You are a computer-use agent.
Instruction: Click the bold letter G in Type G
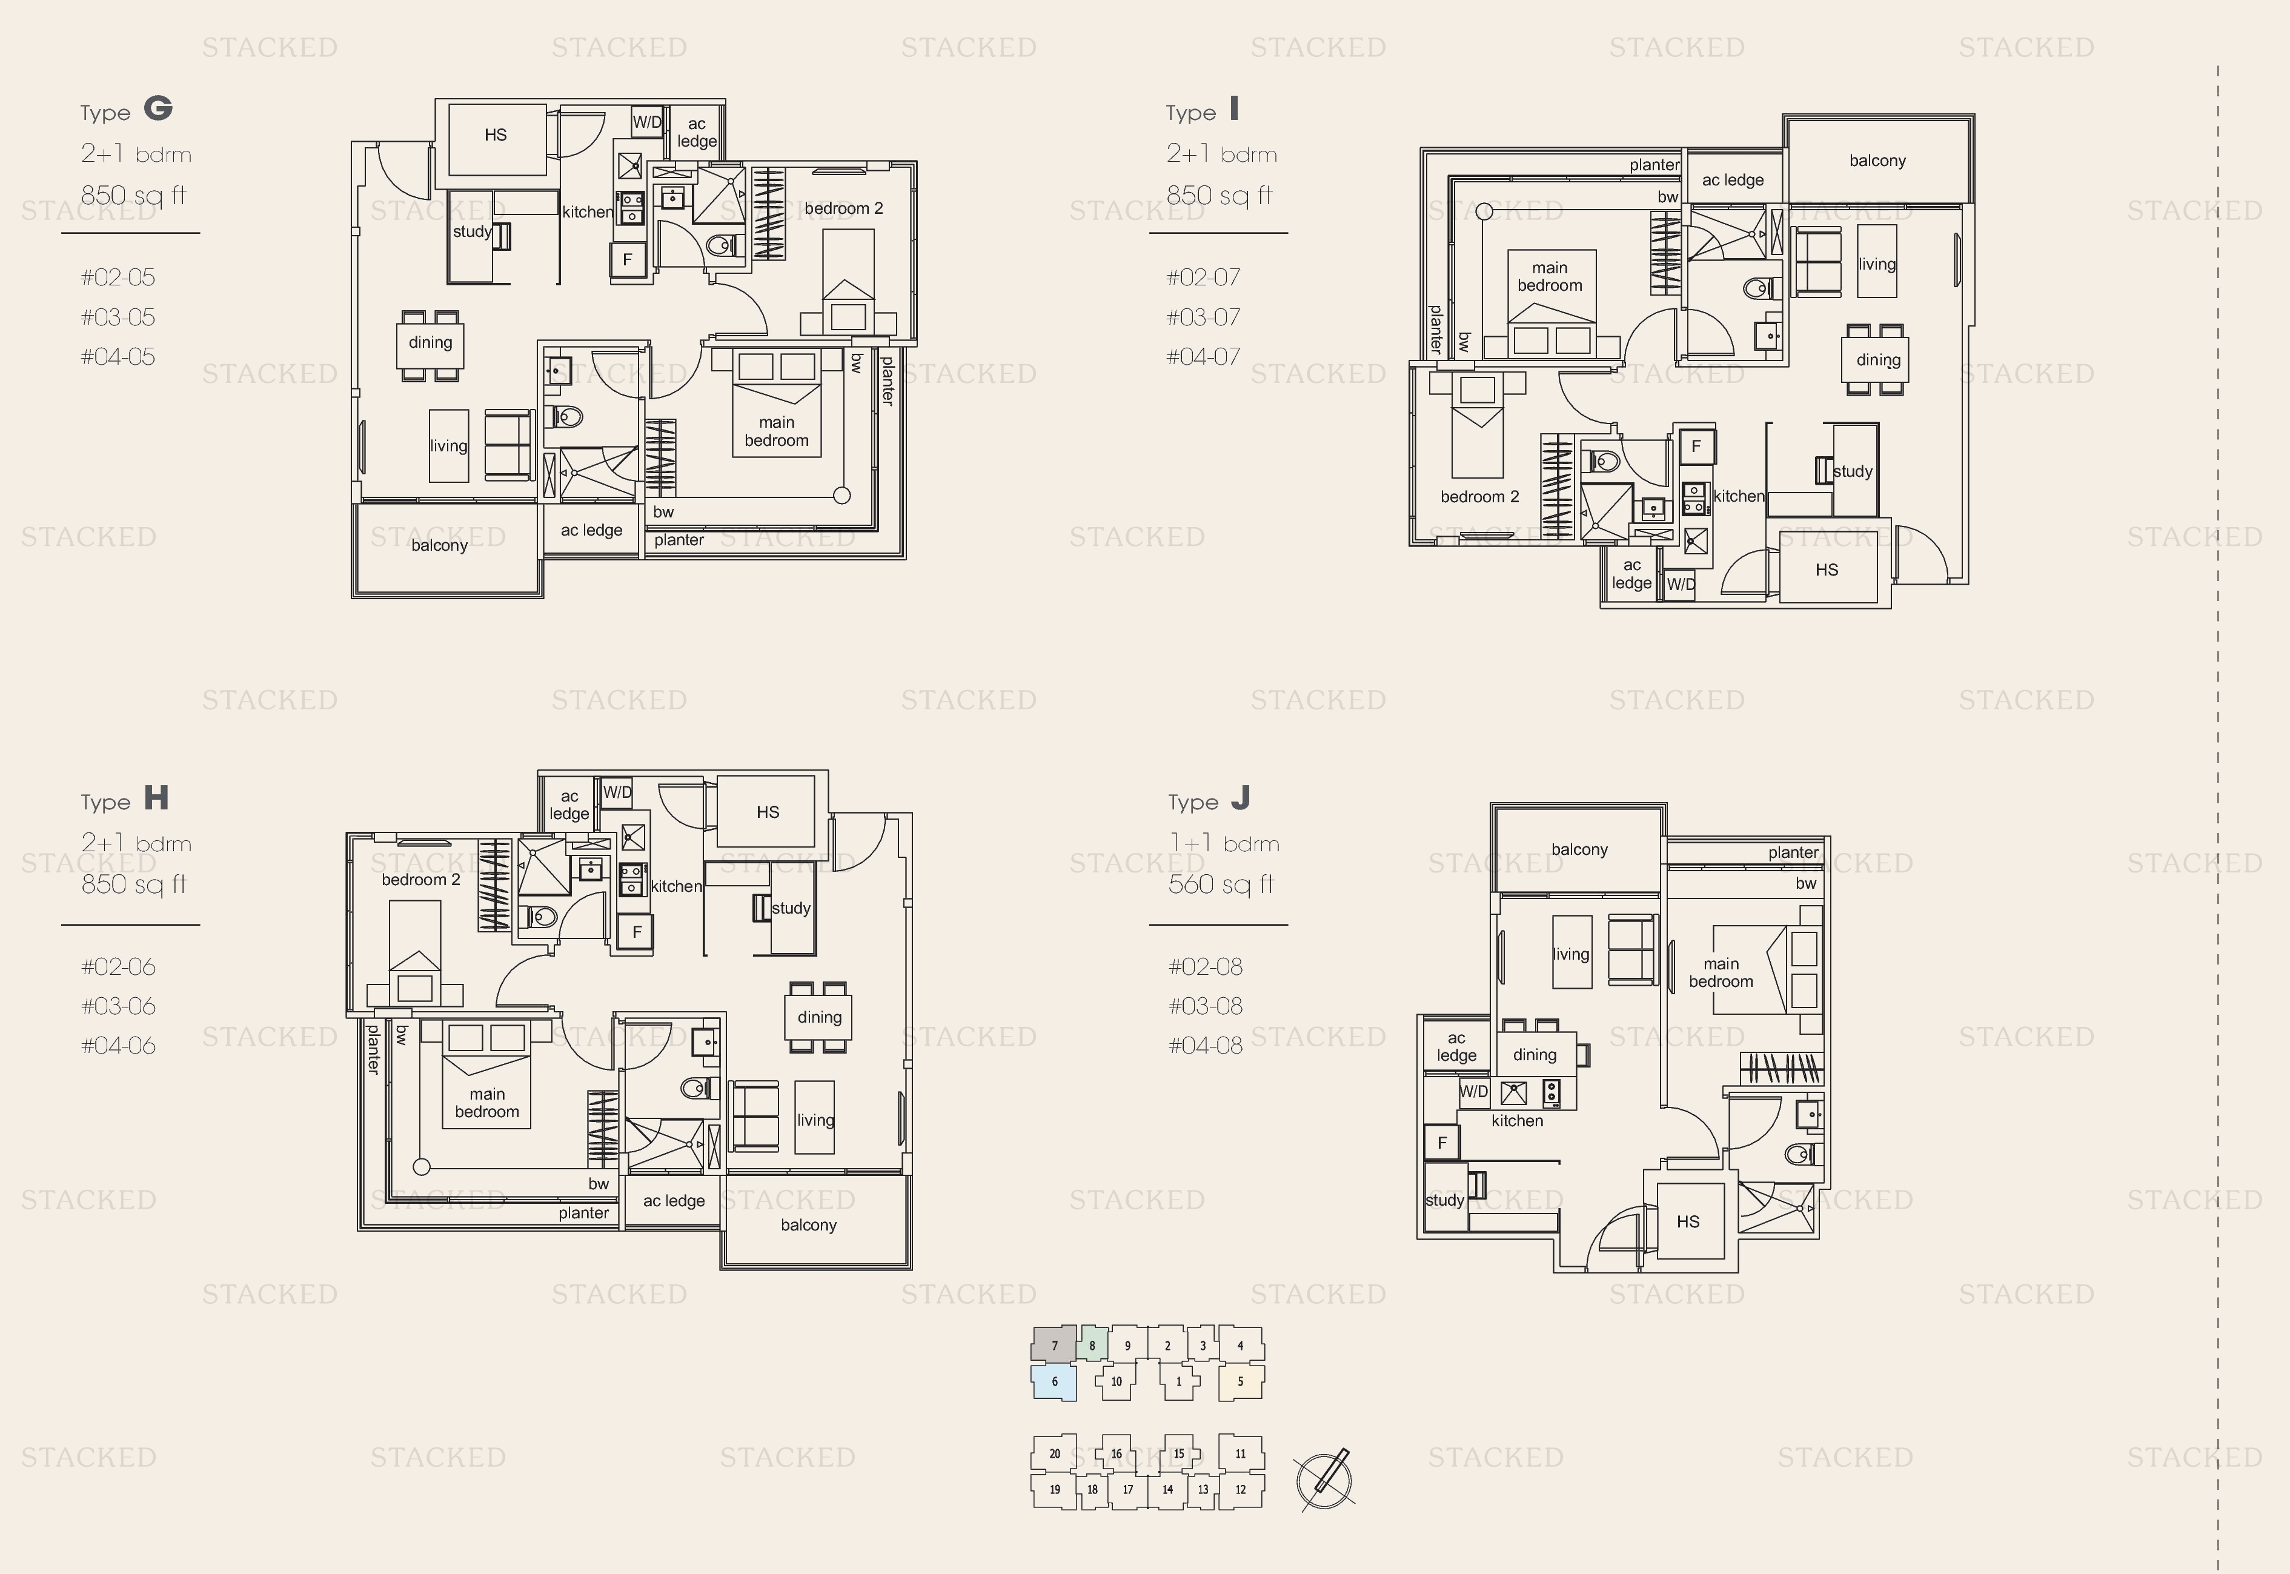click(x=158, y=108)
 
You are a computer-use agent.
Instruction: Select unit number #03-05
click(x=118, y=317)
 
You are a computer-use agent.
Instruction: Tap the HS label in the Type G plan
click(x=495, y=135)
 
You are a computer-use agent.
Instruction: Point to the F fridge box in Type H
click(x=636, y=932)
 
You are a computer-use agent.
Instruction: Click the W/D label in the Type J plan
click(x=1473, y=1092)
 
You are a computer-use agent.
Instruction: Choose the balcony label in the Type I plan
click(x=1877, y=161)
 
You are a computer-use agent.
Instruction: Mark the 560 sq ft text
click(x=1221, y=885)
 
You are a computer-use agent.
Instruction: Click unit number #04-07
click(x=1203, y=357)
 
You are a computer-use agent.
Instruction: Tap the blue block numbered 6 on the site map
click(x=1054, y=1382)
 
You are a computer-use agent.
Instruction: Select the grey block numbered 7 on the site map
click(x=1054, y=1345)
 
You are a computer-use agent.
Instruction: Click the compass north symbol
click(x=1324, y=1479)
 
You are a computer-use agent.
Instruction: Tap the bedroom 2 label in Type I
click(x=1479, y=497)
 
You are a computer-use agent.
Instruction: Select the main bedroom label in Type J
click(x=1721, y=972)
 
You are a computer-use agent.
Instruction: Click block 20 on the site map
click(x=1054, y=1453)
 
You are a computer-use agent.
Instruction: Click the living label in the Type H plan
click(x=815, y=1120)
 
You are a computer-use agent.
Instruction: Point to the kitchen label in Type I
click(x=1739, y=496)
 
